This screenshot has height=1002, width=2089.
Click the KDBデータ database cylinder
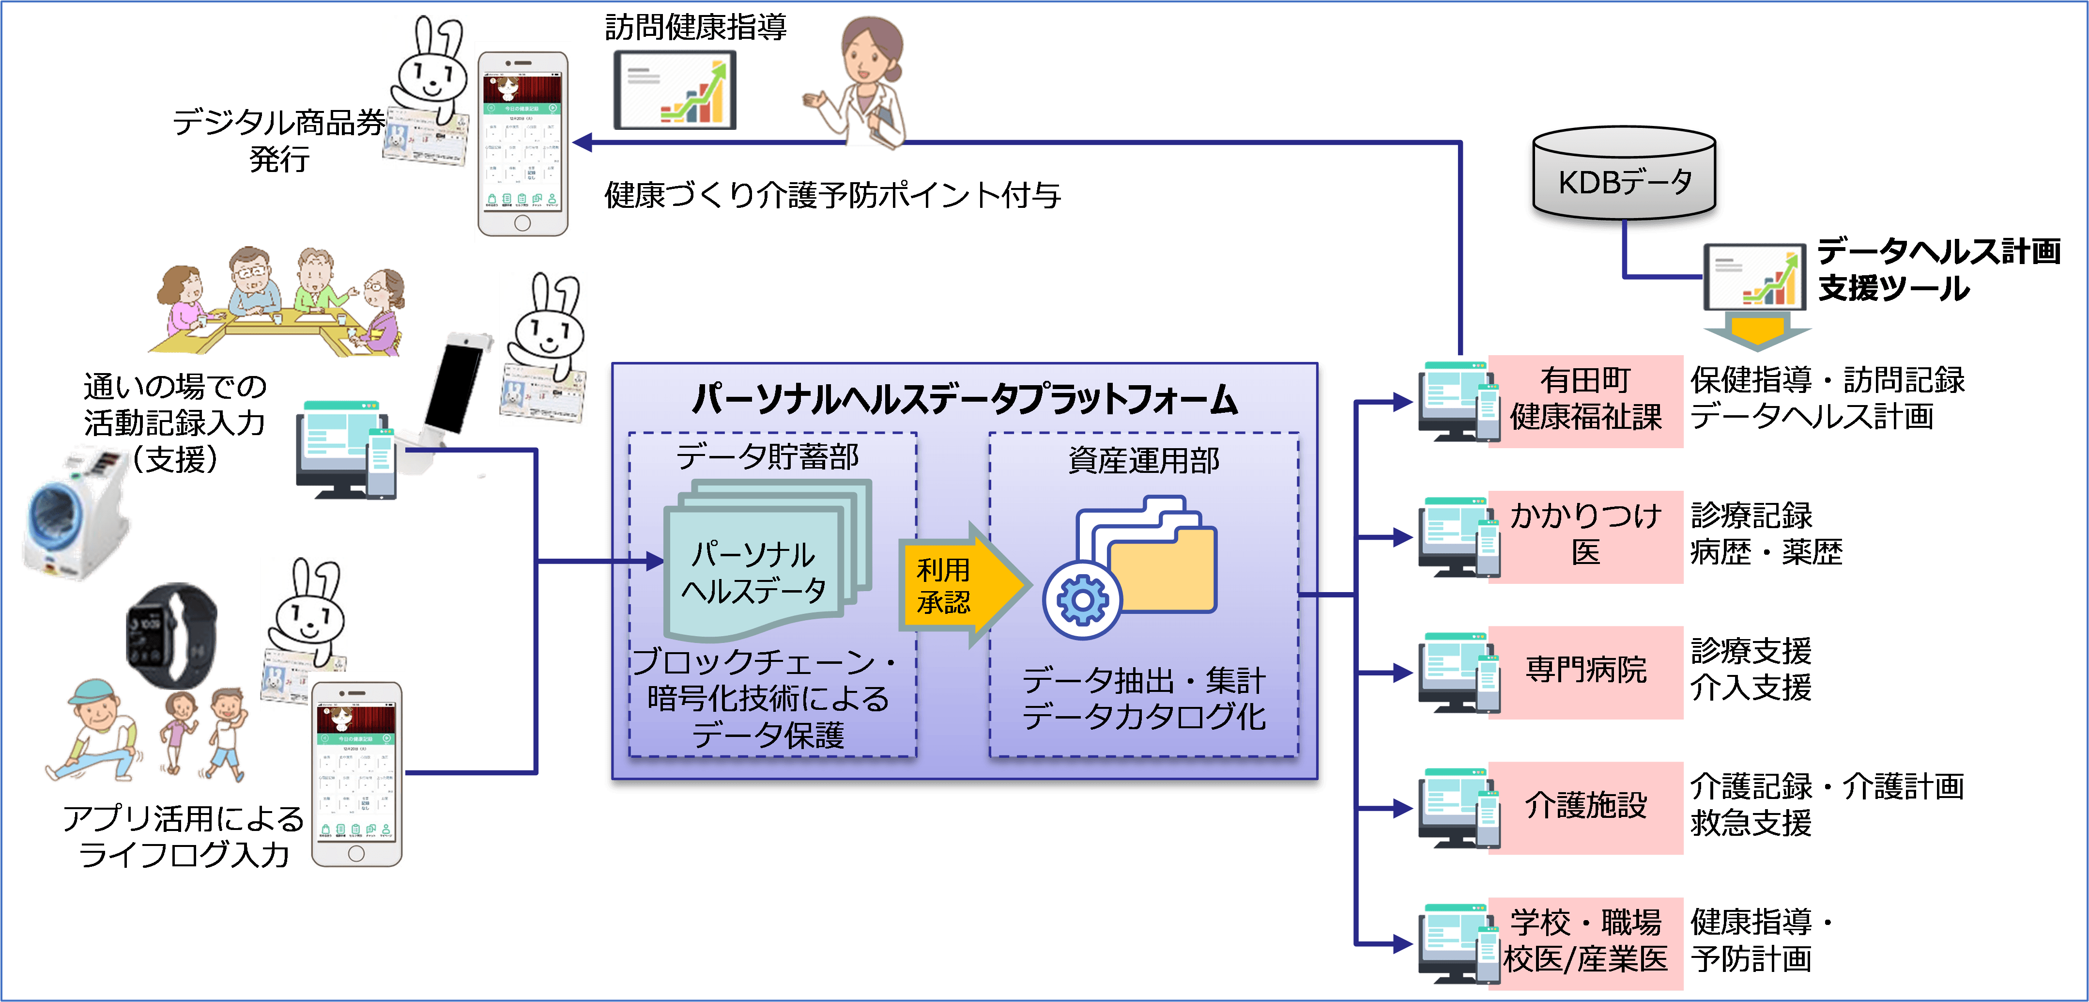[1624, 178]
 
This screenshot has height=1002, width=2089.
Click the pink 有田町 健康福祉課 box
[1585, 401]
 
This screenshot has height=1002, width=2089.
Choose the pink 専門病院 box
[1585, 672]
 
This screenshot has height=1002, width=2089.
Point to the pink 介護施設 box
[1585, 807]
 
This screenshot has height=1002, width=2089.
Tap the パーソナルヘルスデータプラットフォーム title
[965, 399]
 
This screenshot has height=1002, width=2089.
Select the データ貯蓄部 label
[767, 457]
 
